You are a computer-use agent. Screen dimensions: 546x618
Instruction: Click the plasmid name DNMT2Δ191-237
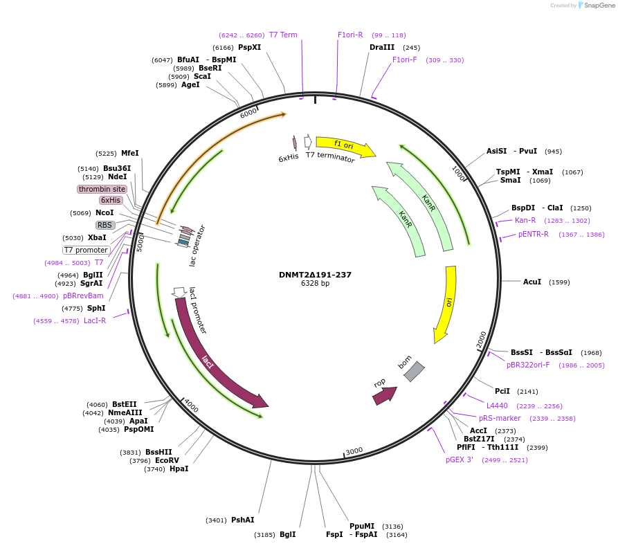315,275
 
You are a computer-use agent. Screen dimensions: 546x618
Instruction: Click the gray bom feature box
414,372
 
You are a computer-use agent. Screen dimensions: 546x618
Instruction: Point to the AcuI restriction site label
532,282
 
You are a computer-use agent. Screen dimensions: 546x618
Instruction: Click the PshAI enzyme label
243,520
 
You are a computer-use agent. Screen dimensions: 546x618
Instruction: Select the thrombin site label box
102,189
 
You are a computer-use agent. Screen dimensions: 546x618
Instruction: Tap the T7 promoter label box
87,250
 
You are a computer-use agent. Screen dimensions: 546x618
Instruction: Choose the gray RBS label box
104,225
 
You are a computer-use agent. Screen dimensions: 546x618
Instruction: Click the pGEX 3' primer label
460,459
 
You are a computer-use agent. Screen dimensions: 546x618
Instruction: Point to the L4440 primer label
497,406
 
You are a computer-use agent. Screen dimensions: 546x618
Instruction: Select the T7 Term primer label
283,35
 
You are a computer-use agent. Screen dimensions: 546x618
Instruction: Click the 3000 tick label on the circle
354,451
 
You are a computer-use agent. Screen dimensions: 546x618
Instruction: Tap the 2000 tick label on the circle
482,338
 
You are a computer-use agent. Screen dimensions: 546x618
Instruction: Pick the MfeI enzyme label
130,153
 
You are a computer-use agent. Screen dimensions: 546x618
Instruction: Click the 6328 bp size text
315,284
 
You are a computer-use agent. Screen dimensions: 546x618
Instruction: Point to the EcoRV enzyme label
167,460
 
